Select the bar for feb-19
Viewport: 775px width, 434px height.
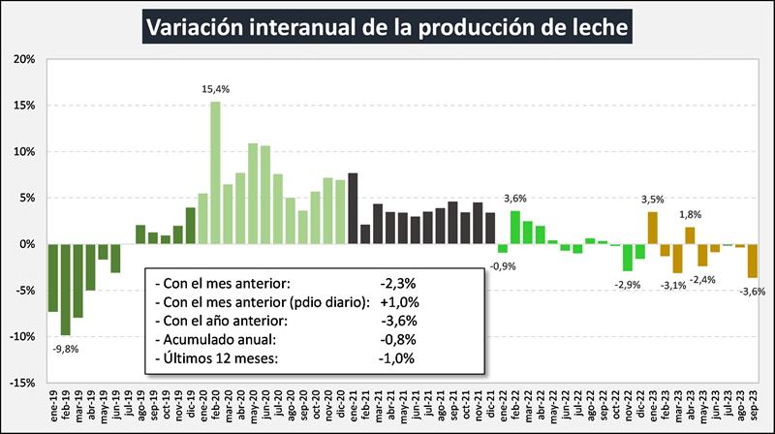click(66, 289)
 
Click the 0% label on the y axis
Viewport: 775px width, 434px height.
click(26, 244)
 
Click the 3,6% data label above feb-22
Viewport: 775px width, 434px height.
click(515, 200)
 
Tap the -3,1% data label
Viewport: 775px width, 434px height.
click(674, 285)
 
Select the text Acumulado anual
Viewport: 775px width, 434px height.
click(214, 339)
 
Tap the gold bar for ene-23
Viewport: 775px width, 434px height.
click(653, 228)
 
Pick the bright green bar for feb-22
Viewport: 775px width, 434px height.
click(515, 228)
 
